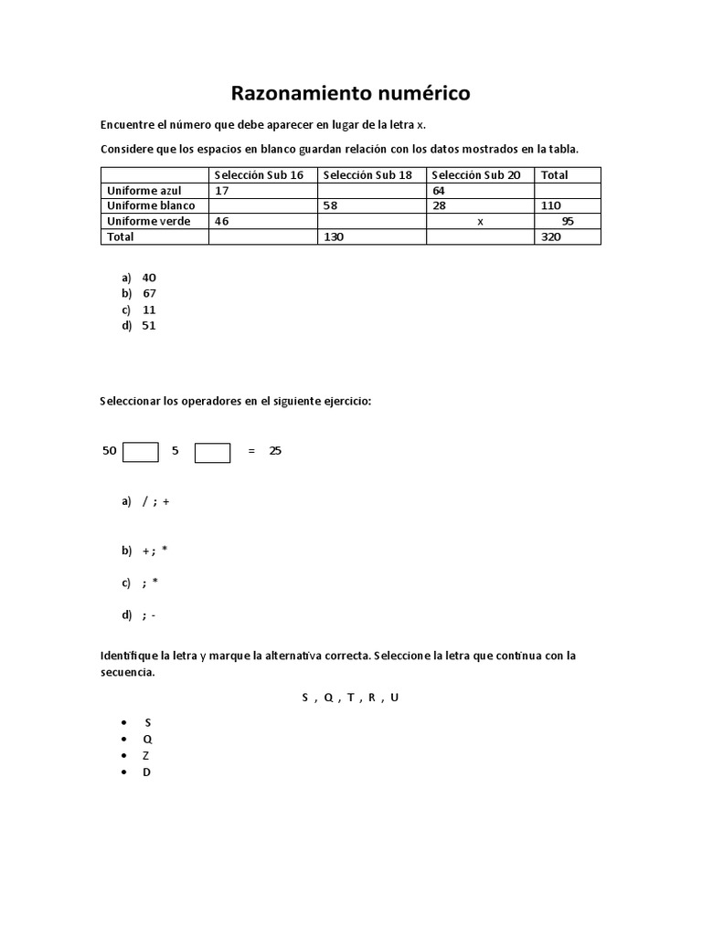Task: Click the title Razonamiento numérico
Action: tap(350, 93)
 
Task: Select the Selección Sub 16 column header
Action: tap(259, 174)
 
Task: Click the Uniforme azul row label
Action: tap(144, 190)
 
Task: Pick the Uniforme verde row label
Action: tap(145, 221)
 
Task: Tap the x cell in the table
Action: tap(480, 221)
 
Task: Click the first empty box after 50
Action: tap(140, 452)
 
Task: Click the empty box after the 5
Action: tap(212, 452)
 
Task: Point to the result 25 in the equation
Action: tap(275, 451)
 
